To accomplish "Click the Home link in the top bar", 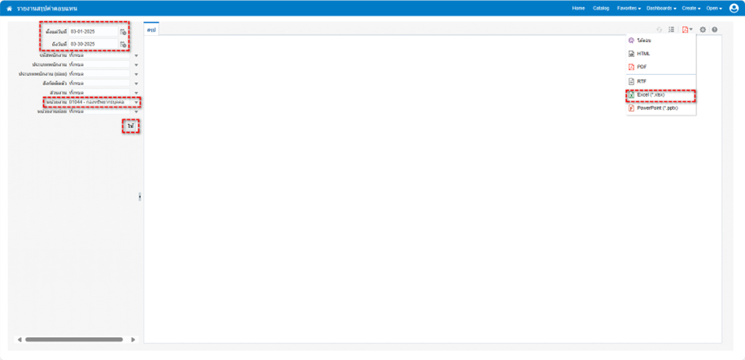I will tap(578, 8).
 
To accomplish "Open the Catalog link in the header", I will tap(601, 8).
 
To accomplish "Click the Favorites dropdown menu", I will tap(628, 8).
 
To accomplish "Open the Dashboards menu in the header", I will tap(661, 8).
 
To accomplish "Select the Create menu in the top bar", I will tap(690, 8).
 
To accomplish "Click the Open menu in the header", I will tap(713, 8).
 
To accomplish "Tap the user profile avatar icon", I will tap(734, 8).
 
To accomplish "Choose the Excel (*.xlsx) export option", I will tap(651, 94).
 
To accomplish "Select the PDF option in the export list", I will tap(642, 67).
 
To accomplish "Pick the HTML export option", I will tap(643, 54).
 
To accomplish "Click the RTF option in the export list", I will tap(642, 81).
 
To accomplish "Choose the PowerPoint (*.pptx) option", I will tap(657, 108).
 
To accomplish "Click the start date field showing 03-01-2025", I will tap(93, 32).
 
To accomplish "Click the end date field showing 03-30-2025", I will tap(93, 44).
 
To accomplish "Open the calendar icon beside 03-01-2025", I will tap(124, 33).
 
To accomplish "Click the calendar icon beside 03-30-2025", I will tap(124, 45).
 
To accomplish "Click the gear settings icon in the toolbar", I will tap(703, 30).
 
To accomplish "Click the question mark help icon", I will tap(715, 30).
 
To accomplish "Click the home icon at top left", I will tap(9, 8).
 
